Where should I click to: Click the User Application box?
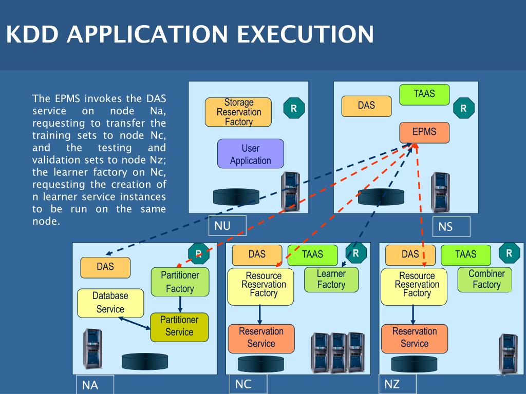250,154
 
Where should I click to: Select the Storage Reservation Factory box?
238,112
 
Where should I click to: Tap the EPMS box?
424,132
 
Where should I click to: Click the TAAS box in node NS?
424,94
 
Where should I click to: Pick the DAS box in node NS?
366,106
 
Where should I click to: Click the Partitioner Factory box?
180,282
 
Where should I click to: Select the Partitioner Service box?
179,326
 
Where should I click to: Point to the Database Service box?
110,303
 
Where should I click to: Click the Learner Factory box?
331,279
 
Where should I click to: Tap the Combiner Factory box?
486,279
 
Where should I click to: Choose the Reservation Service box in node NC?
261,338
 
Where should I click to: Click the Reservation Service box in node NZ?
414,338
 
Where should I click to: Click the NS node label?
452,226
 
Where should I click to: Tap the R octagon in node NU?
294,108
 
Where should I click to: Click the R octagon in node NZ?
509,253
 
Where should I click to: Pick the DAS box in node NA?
105,267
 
